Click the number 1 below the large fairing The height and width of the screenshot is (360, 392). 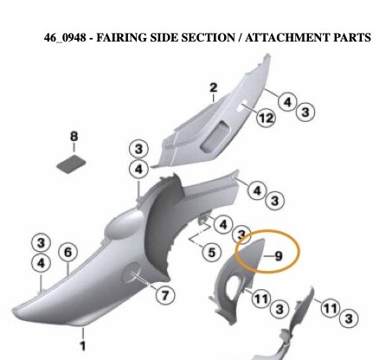click(83, 346)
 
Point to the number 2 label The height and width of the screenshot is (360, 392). click(214, 87)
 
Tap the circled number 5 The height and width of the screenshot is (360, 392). click(212, 253)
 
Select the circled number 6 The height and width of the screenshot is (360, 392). click(67, 253)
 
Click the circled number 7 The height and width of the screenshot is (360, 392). click(165, 295)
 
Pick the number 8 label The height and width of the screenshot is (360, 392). click(74, 136)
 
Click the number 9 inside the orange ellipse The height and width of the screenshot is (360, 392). click(279, 256)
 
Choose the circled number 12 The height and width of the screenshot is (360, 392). click(266, 118)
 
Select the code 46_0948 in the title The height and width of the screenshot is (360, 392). click(65, 38)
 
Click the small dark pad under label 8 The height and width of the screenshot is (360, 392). click(71, 164)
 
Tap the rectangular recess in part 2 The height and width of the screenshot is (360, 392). click(215, 136)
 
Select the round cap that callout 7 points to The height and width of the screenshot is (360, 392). click(132, 273)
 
